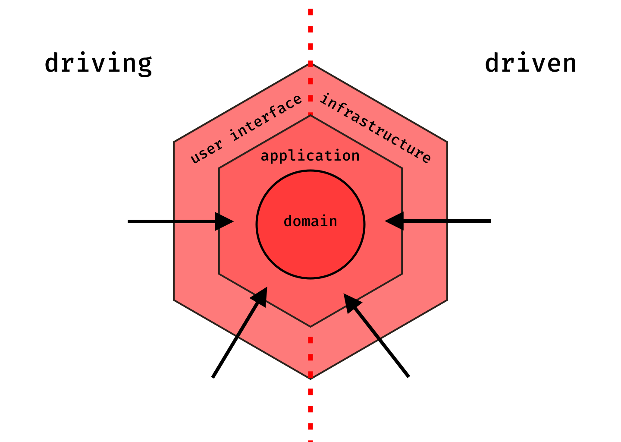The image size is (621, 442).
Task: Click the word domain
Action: click(310, 221)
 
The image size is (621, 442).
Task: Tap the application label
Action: click(310, 156)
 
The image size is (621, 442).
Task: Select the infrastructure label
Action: click(375, 128)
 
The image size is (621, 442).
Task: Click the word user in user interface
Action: click(207, 152)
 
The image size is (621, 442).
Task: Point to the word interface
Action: click(266, 118)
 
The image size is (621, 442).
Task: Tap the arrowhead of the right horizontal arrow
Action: click(394, 221)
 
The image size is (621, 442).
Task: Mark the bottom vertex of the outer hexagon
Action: click(310, 378)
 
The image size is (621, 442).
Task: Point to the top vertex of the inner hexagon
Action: click(310, 115)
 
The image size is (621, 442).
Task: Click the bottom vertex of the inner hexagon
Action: click(310, 326)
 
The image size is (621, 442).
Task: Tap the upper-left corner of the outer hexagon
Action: click(174, 142)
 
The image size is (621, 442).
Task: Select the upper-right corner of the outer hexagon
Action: click(447, 142)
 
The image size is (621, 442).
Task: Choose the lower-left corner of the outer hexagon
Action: click(174, 300)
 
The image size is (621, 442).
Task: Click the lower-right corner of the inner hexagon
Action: click(402, 274)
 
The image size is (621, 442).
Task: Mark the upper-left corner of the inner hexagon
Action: click(219, 168)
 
